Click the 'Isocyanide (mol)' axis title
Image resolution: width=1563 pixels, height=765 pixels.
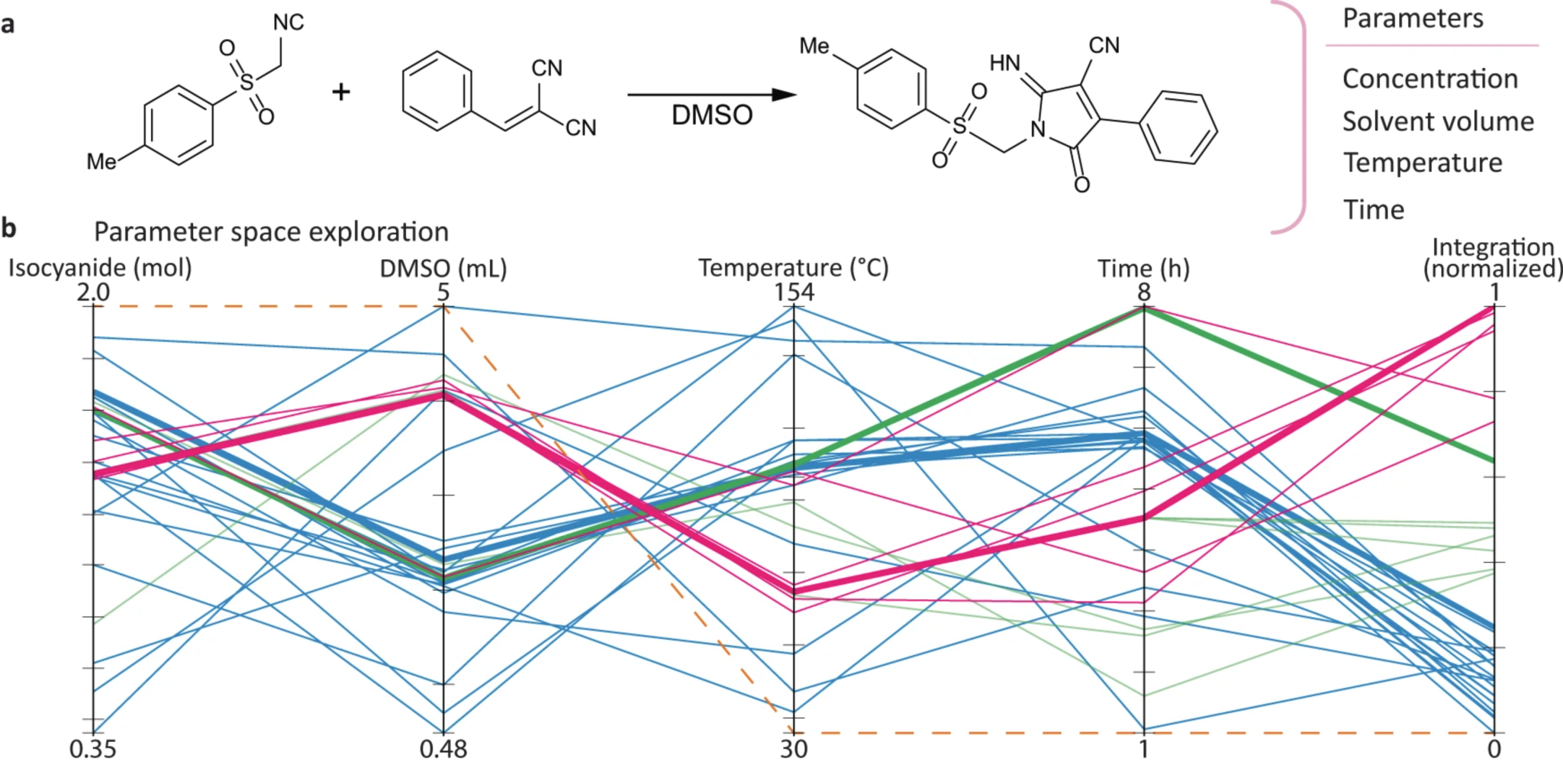click(x=100, y=268)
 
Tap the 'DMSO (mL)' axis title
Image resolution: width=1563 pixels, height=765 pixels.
click(x=443, y=268)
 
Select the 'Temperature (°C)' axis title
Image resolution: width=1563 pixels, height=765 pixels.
click(x=794, y=268)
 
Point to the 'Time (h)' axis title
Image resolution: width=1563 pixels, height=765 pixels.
click(x=1143, y=268)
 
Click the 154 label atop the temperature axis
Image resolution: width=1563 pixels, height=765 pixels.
click(x=794, y=292)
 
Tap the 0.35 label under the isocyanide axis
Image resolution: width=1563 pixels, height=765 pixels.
click(x=93, y=749)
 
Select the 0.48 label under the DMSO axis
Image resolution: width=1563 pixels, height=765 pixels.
click(x=443, y=749)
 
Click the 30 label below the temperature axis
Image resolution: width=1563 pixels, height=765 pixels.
click(x=794, y=749)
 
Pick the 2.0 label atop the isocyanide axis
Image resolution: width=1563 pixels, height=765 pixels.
click(x=93, y=292)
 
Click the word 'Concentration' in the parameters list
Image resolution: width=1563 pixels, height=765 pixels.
click(x=1429, y=79)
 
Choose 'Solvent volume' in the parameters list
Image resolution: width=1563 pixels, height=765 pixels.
click(x=1438, y=121)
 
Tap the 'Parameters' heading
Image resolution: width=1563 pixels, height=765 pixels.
click(x=1413, y=18)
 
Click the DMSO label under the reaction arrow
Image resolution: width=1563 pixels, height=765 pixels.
click(x=711, y=115)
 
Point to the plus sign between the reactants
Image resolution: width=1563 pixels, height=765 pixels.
click(x=341, y=92)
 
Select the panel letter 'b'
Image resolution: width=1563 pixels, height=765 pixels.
click(x=9, y=228)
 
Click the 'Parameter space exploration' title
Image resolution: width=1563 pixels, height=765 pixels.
click(x=271, y=231)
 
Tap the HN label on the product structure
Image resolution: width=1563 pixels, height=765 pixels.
click(x=1004, y=63)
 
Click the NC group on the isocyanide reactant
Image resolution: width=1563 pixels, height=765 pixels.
click(x=288, y=23)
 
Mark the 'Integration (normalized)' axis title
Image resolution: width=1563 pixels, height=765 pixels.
click(x=1493, y=257)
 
